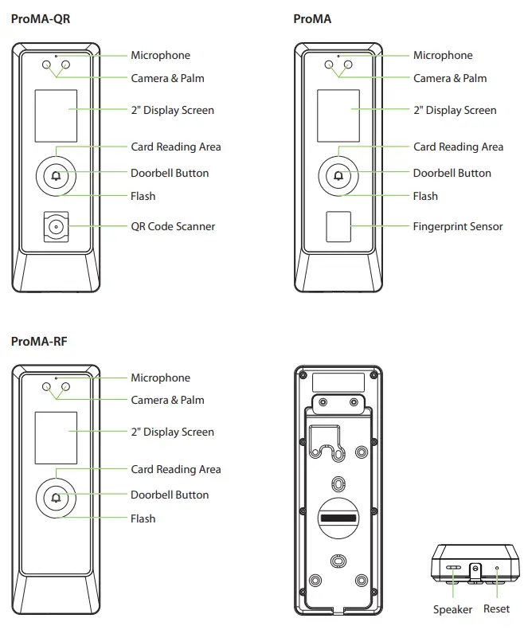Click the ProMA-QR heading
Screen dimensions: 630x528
(41, 18)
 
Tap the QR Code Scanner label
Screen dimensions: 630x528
(173, 226)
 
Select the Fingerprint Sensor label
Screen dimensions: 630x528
(457, 226)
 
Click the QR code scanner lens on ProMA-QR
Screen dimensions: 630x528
(55, 227)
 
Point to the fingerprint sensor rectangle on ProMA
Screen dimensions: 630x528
(338, 227)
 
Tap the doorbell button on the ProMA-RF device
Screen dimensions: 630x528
(55, 499)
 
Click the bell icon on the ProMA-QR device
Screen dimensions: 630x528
(55, 176)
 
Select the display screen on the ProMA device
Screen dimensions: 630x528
(338, 115)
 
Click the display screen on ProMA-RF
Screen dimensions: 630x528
(55, 438)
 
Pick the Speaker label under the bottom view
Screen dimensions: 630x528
(452, 609)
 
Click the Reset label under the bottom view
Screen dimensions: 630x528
(497, 609)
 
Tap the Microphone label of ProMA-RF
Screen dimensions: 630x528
(160, 378)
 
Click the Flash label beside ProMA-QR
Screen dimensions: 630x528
(143, 196)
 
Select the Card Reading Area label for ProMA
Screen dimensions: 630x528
(458, 147)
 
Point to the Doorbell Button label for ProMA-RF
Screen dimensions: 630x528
(170, 495)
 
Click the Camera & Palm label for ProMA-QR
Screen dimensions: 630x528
(167, 78)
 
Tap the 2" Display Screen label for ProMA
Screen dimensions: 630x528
(454, 110)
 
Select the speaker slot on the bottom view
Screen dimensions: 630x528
(453, 569)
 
